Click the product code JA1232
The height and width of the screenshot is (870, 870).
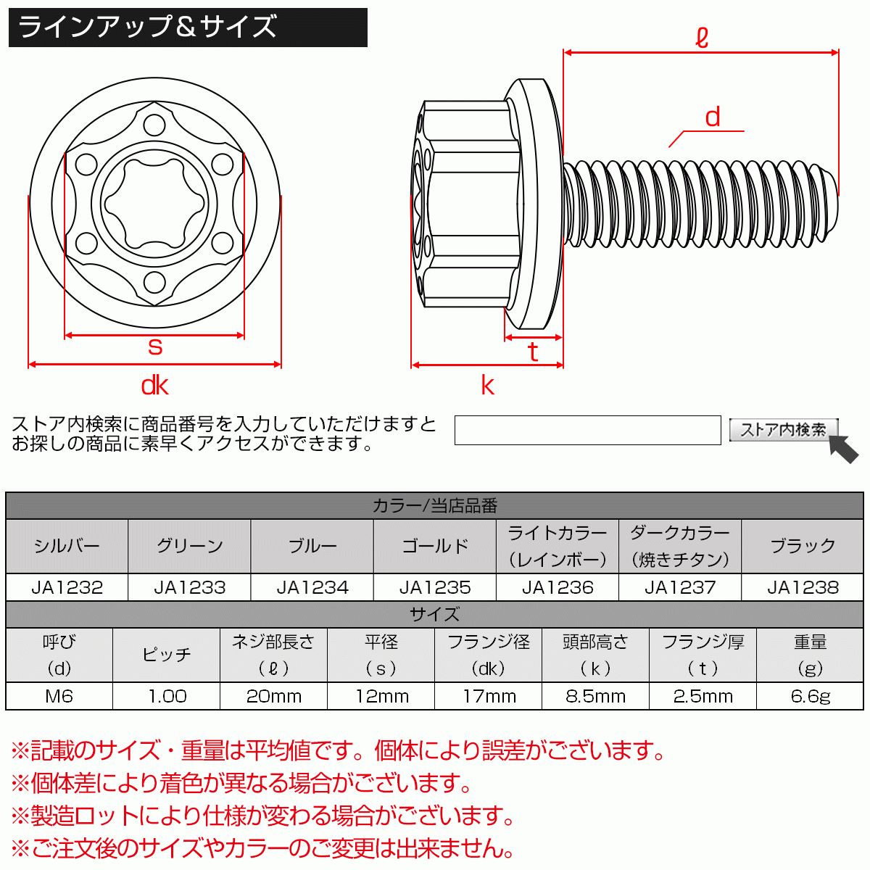67,587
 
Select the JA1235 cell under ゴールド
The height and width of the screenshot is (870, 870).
435,587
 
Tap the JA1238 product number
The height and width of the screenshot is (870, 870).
803,587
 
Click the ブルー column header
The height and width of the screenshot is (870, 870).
312,546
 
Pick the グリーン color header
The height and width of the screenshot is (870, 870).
189,546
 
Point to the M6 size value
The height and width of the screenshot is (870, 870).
59,696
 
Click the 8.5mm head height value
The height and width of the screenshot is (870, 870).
595,696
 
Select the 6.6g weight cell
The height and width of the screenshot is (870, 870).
810,696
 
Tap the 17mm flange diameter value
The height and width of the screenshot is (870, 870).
489,696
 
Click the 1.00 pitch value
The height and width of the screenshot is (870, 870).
167,696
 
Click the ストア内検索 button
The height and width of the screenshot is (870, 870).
783,430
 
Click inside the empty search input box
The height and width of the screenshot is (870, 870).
587,430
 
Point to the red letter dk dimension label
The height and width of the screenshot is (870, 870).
154,386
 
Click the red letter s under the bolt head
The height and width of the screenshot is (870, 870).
154,347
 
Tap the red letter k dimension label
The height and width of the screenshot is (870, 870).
487,386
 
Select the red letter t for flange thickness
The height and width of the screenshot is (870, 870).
533,352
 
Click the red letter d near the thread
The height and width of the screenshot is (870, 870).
713,117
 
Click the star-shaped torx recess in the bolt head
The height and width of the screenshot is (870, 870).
154,204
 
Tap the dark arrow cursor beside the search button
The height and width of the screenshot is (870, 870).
845,449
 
